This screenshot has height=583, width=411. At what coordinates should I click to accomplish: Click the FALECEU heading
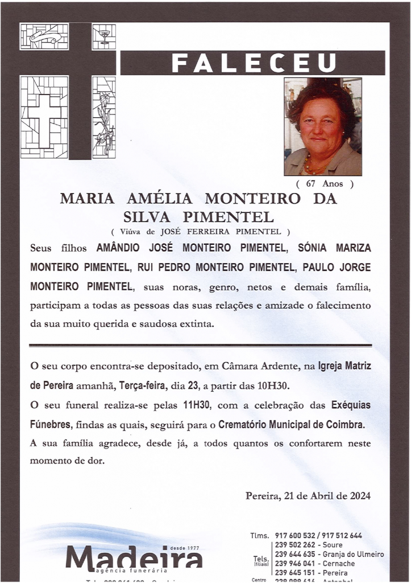[x=254, y=63]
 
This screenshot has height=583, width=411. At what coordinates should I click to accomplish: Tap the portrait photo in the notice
[x=322, y=126]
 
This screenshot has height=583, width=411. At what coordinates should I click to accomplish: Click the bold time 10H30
[x=273, y=385]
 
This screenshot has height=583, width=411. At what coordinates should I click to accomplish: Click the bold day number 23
[x=193, y=385]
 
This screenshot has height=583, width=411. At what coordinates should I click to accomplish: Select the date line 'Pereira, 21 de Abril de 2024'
[x=308, y=495]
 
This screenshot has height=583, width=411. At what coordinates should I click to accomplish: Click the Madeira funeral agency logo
[x=134, y=557]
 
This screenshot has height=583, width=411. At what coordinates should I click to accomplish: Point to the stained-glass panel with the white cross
[x=44, y=117]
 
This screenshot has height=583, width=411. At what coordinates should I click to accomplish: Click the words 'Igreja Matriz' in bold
[x=344, y=366]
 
